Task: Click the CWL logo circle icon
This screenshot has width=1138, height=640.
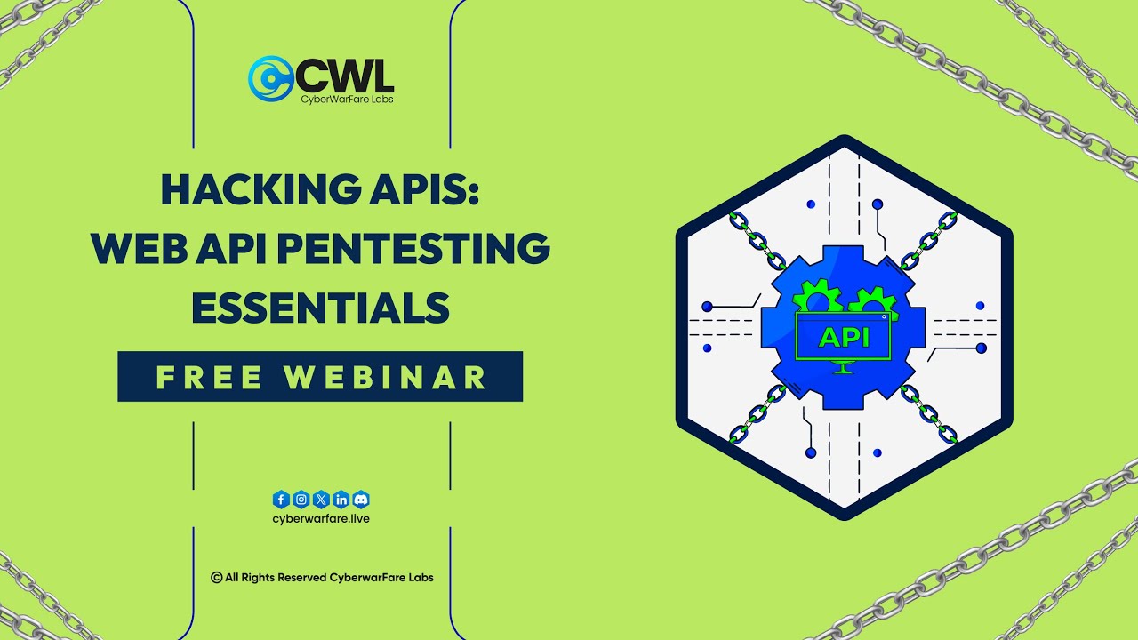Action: pos(270,78)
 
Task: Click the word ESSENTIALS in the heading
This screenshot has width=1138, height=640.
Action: pos(320,308)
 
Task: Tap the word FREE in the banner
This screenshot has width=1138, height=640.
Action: pos(210,377)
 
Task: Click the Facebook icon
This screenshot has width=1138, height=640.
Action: pos(281,500)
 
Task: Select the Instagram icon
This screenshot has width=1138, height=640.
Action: pos(301,500)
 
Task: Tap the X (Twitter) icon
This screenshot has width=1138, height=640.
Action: pos(321,500)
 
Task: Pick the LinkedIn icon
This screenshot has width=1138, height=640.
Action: pos(341,500)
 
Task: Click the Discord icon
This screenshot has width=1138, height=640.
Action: pos(361,500)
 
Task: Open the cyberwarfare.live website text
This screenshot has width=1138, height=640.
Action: pos(321,518)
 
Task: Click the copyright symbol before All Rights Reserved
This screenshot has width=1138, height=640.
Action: pos(216,578)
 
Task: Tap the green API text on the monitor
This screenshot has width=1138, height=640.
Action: pos(843,338)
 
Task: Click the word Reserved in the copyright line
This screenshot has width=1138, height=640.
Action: pos(302,578)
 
